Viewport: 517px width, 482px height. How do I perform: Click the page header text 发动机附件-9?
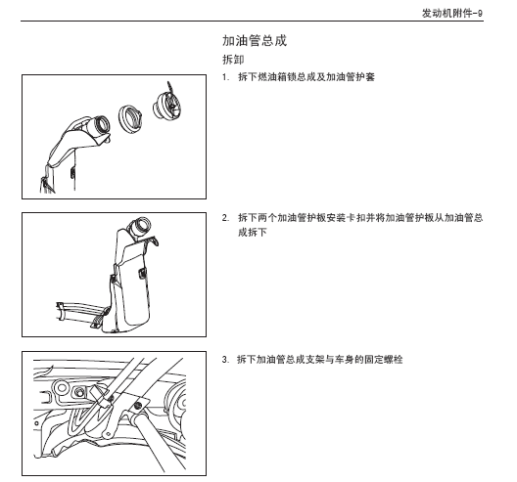click(x=452, y=13)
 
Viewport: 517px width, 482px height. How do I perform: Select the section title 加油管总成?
click(x=255, y=41)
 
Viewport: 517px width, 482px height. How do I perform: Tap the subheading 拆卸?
click(x=235, y=60)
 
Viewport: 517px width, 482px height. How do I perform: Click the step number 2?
click(x=225, y=218)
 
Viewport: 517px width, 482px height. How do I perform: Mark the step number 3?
click(x=225, y=359)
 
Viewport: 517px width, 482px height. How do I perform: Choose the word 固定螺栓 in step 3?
click(x=382, y=359)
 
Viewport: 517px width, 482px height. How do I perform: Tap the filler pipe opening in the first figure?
click(x=95, y=125)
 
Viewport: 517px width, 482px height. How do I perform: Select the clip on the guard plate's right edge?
click(x=145, y=263)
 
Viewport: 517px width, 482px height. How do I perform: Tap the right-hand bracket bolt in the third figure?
click(x=144, y=405)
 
